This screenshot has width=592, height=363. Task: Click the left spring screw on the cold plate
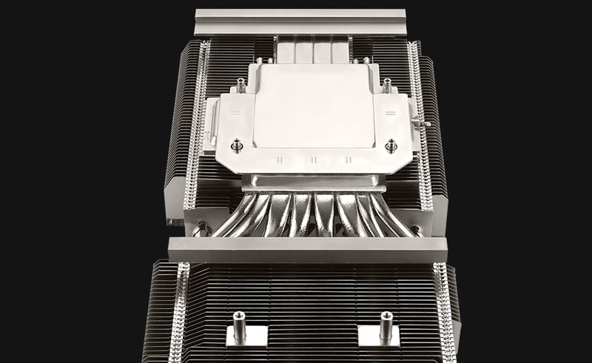237,145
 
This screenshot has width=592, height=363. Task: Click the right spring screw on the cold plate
391,145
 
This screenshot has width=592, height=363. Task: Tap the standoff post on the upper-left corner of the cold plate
241,86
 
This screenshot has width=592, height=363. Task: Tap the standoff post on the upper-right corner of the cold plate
386,86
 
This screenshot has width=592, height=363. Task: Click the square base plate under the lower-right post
379,336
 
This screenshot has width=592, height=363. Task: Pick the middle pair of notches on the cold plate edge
314,159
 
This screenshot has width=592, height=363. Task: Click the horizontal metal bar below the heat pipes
307,249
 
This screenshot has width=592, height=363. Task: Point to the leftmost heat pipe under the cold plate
222,222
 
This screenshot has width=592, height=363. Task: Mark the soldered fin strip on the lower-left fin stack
179,311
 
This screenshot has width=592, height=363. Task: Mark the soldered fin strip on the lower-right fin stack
443,311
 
